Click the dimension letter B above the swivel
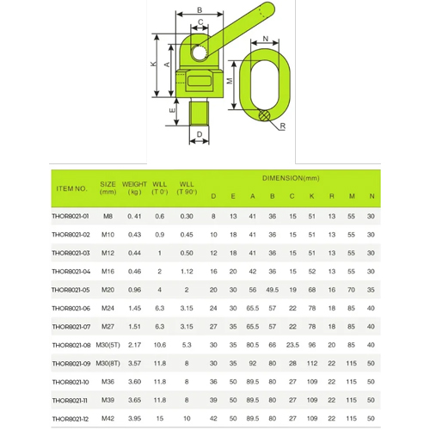[x=200, y=10]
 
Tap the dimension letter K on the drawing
[x=154, y=64]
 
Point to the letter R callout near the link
[x=283, y=126]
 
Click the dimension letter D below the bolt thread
[x=200, y=134]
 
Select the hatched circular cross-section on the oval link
[x=264, y=115]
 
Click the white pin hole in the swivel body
[x=200, y=52]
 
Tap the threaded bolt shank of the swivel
[x=200, y=113]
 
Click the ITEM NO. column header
[x=71, y=188]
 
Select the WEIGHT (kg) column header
[x=134, y=188]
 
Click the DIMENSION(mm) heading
[x=291, y=178]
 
